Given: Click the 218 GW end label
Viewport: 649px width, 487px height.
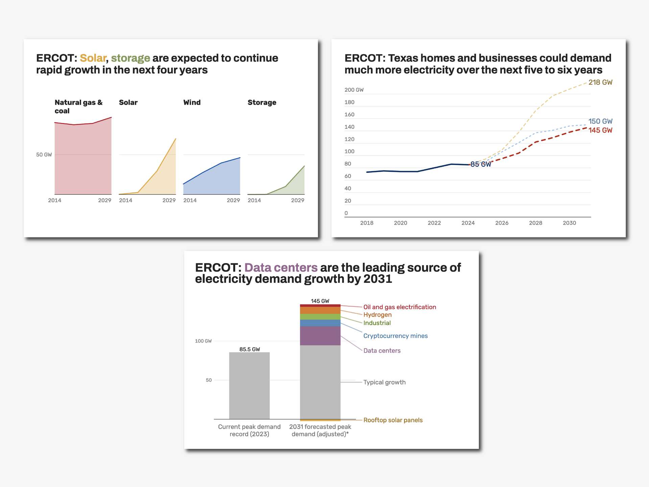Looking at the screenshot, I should coord(600,82).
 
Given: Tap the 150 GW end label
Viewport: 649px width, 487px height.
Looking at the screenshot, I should coord(600,121).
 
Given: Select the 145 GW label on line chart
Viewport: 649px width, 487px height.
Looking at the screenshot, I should coord(600,130).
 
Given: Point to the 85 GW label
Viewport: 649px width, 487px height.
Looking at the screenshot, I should coord(480,164).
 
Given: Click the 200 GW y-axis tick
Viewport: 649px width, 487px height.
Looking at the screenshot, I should coord(354,90).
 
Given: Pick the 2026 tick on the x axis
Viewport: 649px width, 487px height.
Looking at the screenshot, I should coord(502,223).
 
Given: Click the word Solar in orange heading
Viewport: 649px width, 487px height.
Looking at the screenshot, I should coord(93,58).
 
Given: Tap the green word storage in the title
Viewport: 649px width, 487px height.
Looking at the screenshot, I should coord(130,58).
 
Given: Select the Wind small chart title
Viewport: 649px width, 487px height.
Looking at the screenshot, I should coord(192,102).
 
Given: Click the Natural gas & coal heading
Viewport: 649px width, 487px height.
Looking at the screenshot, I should coord(78,107).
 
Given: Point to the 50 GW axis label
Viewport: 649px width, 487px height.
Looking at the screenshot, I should coord(44,155).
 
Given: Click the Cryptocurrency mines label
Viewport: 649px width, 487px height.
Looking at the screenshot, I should coord(395,336).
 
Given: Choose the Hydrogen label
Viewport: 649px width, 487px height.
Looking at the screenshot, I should coord(377,315).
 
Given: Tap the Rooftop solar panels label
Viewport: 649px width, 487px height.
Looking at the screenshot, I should coord(393,420).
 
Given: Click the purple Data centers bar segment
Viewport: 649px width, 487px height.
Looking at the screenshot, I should coord(320,335).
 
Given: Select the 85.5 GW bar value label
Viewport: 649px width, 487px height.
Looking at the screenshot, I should coord(249,349).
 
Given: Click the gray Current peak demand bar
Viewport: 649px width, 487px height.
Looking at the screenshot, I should coord(249,386).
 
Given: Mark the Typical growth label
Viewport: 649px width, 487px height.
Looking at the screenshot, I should coord(384,382).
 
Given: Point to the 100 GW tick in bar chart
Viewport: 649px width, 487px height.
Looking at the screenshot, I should coord(203,341).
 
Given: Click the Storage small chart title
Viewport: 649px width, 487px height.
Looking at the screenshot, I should coord(262,102).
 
